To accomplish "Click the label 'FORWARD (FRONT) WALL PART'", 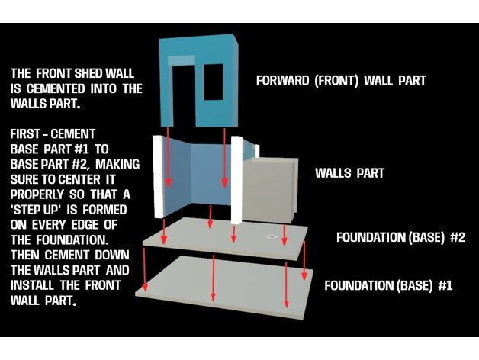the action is pos(341,80).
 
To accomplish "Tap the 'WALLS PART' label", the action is pos(349,173).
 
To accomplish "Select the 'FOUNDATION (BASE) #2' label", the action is pos(400,237).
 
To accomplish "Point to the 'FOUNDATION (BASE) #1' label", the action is pos(388,285).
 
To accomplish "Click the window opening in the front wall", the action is pos(214,82).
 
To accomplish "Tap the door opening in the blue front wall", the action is pos(185,95).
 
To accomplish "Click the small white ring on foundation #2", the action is pos(271,236).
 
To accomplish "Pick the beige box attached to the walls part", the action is pos(268,190).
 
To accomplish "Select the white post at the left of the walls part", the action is pos(158,176).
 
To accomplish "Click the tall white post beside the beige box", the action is pos(236,180).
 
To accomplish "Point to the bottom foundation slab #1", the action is pos(224,288).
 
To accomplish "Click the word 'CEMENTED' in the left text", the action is pos(56,88).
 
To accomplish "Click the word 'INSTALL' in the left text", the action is pos(32,285).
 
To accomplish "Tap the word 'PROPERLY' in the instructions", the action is pos(37,194).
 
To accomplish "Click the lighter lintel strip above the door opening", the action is pos(182,60).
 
